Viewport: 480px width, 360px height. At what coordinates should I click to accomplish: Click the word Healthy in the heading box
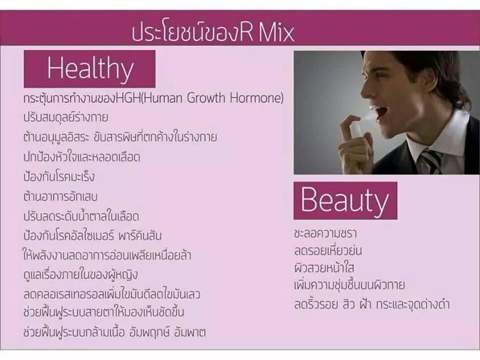point(91,69)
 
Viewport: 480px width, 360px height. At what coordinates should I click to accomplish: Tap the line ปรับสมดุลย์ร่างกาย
point(66,117)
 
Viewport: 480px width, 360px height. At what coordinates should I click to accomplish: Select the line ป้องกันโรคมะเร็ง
point(59,176)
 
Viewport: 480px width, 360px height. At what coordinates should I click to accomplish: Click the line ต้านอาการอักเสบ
point(60,196)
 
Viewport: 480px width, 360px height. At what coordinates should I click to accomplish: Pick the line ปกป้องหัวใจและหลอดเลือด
point(82,157)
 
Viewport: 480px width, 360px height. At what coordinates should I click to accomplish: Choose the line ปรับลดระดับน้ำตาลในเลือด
point(81,215)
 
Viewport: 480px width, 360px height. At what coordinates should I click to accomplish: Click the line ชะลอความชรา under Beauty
point(325,234)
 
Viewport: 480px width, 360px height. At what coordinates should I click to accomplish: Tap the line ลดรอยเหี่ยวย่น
point(328,250)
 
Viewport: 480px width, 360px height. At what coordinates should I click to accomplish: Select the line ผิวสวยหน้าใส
point(324,267)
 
